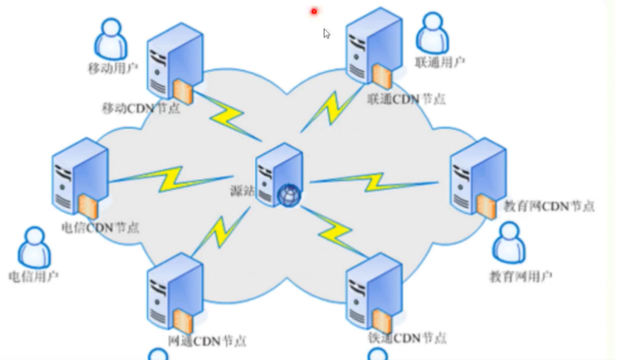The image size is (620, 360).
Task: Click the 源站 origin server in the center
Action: [x=279, y=171]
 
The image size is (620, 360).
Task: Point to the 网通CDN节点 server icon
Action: [x=174, y=292]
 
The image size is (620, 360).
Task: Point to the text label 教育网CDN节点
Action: [x=549, y=206]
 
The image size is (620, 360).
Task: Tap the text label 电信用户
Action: [x=33, y=276]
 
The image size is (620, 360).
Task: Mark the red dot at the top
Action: [x=314, y=11]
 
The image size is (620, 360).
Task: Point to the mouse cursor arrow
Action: [x=327, y=33]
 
